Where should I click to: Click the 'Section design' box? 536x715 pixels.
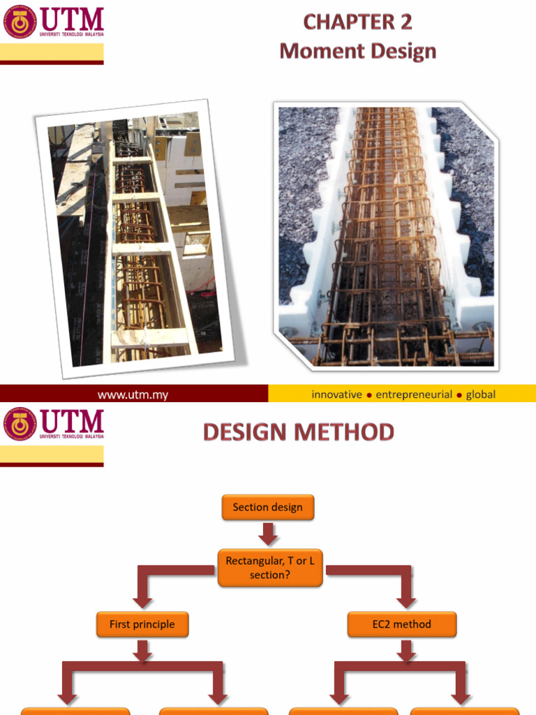[x=268, y=507]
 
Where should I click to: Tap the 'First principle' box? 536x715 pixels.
[x=142, y=624]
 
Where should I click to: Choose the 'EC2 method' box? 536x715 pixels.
[x=401, y=624]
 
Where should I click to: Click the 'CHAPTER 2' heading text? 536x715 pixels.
[x=358, y=22]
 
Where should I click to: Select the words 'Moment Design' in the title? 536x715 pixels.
[x=358, y=51]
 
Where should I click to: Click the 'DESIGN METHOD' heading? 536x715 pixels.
[x=299, y=432]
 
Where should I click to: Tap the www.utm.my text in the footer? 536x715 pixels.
[x=133, y=395]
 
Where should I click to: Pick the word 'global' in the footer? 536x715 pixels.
[x=481, y=395]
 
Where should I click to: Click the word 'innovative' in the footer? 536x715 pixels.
[x=337, y=395]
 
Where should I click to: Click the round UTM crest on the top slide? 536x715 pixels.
[x=20, y=22]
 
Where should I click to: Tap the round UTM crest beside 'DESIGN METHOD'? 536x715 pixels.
[x=20, y=425]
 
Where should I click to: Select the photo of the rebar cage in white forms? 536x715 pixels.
[x=386, y=236]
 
